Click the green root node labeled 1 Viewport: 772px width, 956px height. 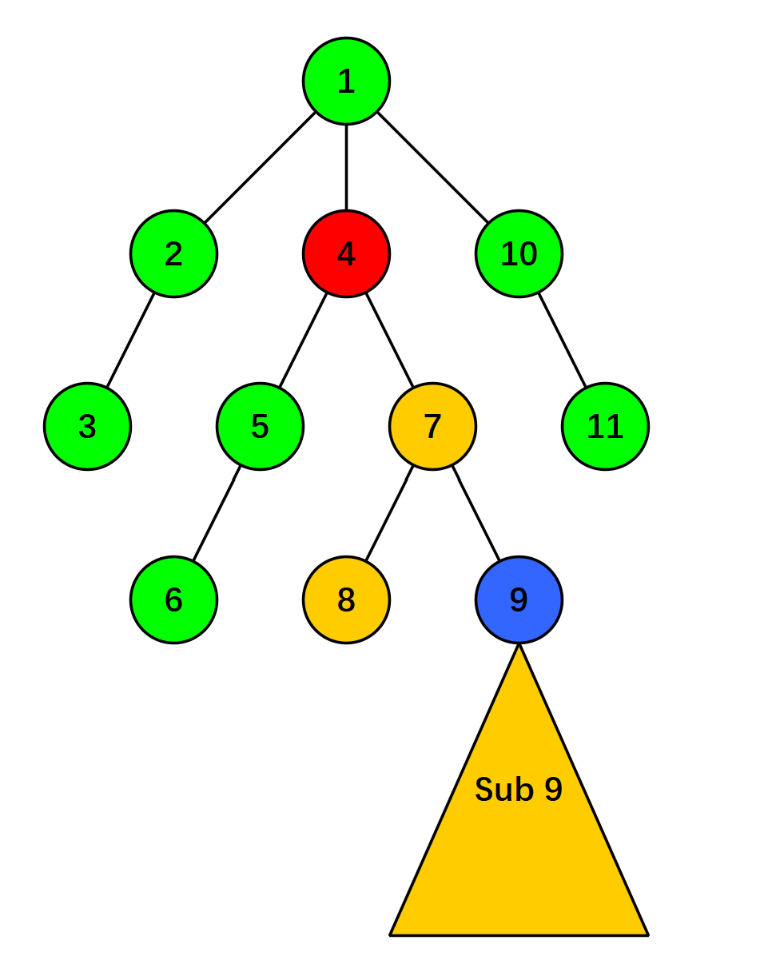(346, 81)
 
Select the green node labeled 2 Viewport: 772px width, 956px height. (173, 253)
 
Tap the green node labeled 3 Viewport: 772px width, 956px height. (87, 426)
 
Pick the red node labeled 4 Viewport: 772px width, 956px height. (346, 253)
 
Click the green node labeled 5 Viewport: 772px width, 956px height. (260, 426)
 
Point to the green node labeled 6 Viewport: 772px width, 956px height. (173, 599)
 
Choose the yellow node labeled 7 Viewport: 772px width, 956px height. (432, 426)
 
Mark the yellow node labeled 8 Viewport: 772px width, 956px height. (346, 599)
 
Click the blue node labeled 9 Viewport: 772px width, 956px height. (519, 599)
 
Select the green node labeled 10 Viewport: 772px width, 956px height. (519, 253)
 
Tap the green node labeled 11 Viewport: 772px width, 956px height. (605, 426)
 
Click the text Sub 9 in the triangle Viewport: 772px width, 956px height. (519, 789)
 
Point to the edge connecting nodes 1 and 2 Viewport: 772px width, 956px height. (260, 168)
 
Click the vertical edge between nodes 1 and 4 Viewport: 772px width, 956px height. (346, 167)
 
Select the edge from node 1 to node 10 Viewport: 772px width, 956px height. (433, 168)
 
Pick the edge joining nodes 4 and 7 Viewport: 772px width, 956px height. (390, 341)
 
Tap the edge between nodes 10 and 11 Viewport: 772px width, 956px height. (563, 341)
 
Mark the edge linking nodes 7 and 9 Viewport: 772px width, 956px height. (476, 512)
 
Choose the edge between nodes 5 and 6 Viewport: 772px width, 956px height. (217, 512)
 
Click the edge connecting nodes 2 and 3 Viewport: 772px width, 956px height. (130, 341)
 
